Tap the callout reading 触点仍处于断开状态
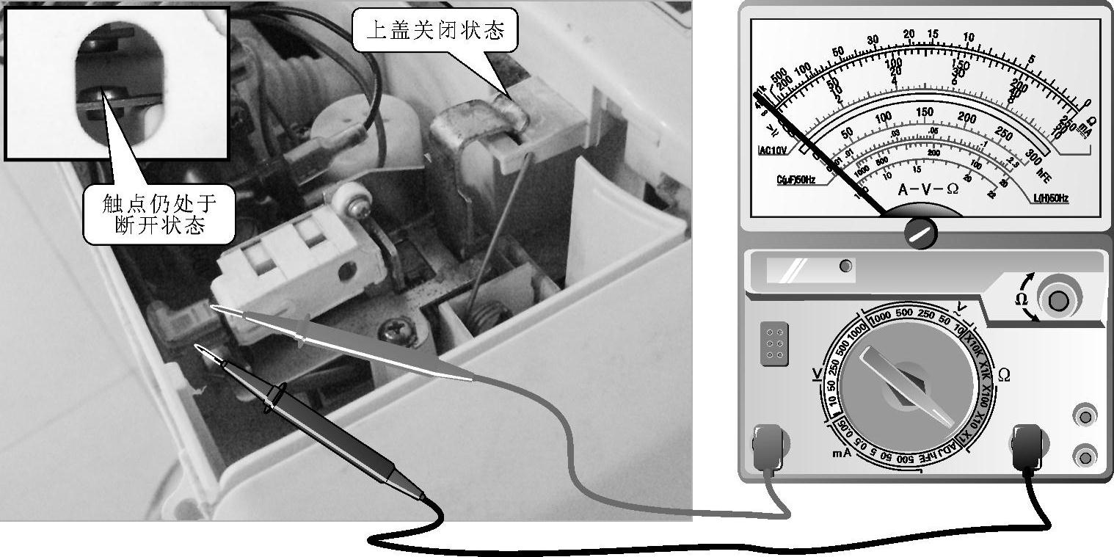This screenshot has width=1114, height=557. (159, 213)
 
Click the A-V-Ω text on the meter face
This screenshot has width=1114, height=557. (928, 189)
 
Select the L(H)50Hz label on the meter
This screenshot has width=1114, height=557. (1050, 198)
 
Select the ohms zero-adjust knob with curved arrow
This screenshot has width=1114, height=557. (1057, 300)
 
